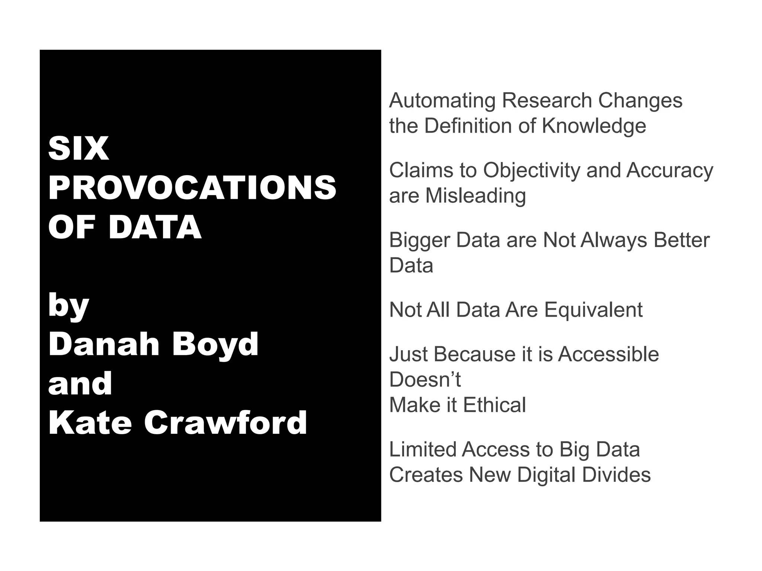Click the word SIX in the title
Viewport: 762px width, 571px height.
pos(79,149)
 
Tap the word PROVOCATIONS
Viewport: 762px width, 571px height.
pos(192,188)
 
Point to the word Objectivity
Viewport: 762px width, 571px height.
pos(531,171)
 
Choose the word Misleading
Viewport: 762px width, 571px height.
pos(476,196)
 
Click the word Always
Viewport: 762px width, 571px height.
pos(614,240)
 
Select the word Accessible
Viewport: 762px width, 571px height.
pos(608,354)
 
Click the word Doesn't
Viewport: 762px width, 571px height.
pos(425,380)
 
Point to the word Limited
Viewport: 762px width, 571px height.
pos(422,449)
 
